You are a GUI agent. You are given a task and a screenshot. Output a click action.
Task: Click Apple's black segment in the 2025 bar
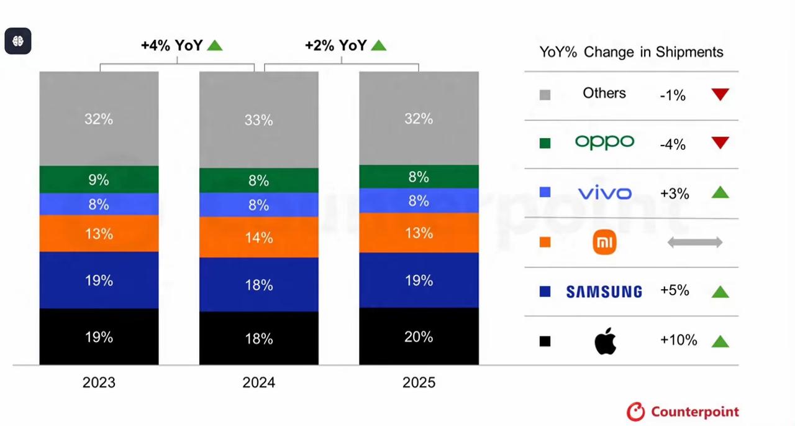[419, 336]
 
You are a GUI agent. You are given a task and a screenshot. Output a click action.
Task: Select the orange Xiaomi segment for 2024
[258, 237]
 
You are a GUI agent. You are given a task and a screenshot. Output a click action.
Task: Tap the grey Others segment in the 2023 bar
[99, 118]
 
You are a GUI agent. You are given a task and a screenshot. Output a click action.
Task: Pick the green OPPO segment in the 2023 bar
[99, 179]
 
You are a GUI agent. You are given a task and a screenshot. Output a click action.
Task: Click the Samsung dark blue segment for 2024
[258, 284]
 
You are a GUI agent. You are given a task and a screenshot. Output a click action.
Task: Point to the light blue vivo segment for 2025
[419, 200]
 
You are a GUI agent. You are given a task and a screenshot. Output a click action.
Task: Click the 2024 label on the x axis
[258, 382]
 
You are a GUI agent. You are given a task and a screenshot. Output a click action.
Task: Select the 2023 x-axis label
[99, 382]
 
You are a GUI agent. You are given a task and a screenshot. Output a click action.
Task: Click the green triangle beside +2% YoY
[378, 45]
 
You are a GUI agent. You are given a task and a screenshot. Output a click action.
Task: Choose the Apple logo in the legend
[605, 341]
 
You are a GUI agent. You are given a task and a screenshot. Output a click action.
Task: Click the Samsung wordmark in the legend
[604, 292]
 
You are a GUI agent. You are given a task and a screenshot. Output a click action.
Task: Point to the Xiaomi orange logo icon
[604, 243]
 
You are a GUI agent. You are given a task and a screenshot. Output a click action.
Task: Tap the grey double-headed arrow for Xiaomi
[694, 243]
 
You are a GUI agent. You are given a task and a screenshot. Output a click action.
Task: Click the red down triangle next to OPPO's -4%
[720, 144]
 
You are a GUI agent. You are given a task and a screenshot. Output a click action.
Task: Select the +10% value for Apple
[678, 340]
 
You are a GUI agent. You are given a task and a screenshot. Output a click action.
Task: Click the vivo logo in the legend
[604, 193]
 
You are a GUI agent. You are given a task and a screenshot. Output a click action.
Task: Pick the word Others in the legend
[604, 93]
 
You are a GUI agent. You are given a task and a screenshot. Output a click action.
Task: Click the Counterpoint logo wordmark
[694, 412]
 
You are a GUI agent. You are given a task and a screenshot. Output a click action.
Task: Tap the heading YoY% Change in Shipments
[631, 52]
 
